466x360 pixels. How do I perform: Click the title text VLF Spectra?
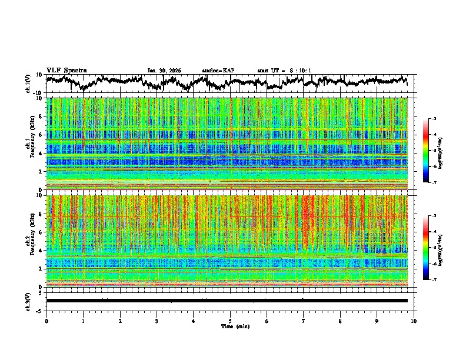tap(66, 70)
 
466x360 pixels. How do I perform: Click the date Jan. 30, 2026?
tap(164, 71)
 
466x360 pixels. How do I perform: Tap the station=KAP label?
tap(218, 71)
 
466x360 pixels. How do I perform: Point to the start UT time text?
tap(284, 71)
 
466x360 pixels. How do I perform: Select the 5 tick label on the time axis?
tap(230, 321)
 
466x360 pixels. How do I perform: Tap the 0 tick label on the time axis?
tap(46, 321)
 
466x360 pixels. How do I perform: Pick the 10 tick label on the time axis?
tap(414, 321)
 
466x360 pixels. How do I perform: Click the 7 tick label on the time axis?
tap(304, 321)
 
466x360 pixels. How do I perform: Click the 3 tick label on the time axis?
tap(157, 321)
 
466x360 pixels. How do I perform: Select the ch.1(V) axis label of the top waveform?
tap(28, 84)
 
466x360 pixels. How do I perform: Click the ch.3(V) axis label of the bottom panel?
tap(28, 301)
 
